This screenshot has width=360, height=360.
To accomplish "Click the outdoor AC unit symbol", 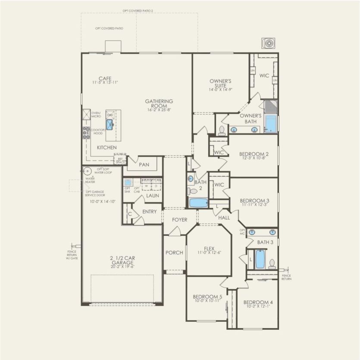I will [x=269, y=43].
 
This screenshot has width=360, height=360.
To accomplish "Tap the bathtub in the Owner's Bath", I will [x=270, y=123].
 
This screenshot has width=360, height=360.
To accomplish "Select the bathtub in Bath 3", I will [x=260, y=259].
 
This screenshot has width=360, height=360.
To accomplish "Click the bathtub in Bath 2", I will [x=198, y=202].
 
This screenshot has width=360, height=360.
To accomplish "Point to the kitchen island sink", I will [x=110, y=125].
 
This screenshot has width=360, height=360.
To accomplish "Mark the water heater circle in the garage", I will [x=88, y=171].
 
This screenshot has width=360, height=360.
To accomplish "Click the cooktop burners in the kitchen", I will [x=86, y=132].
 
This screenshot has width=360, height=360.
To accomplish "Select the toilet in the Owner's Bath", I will [x=222, y=130].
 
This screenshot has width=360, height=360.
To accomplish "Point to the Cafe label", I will [x=105, y=78].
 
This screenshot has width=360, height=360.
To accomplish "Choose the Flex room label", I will [x=209, y=248].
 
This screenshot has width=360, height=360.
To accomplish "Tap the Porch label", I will [x=174, y=253].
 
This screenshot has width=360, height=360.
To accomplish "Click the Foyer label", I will [x=180, y=219].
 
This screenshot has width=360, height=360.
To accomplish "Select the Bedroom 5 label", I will [x=207, y=297].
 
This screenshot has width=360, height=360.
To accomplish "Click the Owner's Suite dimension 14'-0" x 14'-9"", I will [x=221, y=90].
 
